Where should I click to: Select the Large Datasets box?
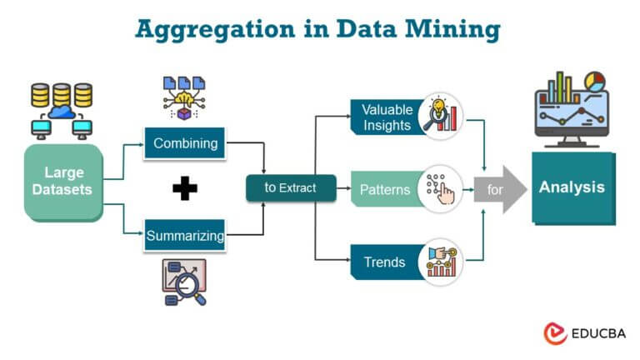click(x=63, y=182)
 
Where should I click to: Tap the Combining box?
click(x=185, y=143)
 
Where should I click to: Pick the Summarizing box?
click(x=185, y=236)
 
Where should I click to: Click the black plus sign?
click(x=185, y=189)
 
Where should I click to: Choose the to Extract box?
click(x=290, y=188)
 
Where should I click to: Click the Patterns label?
click(x=384, y=189)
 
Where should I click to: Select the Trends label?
click(x=384, y=262)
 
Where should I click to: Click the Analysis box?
click(x=572, y=187)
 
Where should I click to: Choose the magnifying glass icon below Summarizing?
click(x=184, y=282)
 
